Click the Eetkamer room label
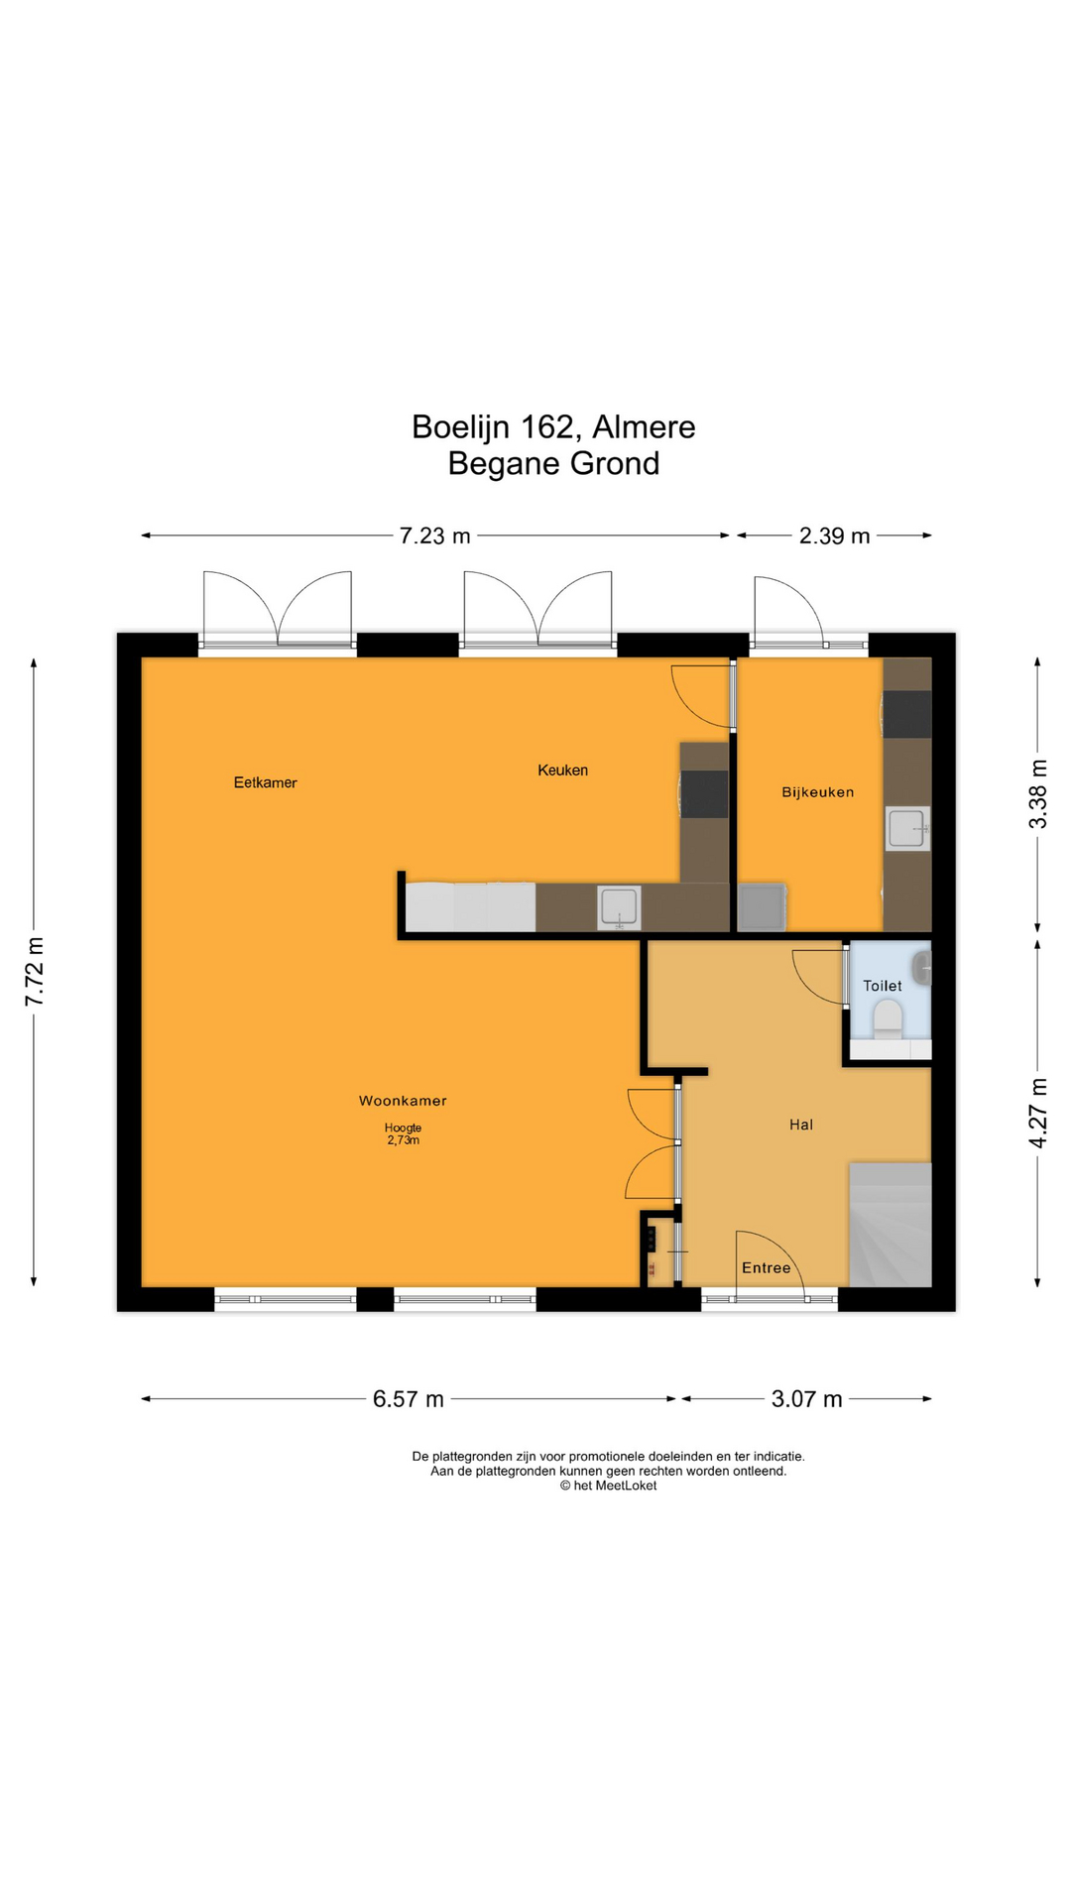point(265,782)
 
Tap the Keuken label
point(562,770)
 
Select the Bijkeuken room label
point(817,792)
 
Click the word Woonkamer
point(403,1101)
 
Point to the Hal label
point(801,1125)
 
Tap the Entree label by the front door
point(767,1267)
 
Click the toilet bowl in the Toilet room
point(888,1018)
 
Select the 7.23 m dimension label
point(434,536)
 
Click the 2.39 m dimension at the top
point(835,536)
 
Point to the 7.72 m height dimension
point(35,971)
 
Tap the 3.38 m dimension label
point(1037,794)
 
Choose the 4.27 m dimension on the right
point(1037,1114)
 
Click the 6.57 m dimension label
point(409,1399)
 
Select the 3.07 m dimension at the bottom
point(807,1399)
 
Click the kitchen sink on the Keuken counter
point(619,907)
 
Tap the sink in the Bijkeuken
point(907,829)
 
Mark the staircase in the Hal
point(891,1225)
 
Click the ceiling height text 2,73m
point(403,1140)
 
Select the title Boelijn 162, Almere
point(553,427)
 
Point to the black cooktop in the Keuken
point(704,794)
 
